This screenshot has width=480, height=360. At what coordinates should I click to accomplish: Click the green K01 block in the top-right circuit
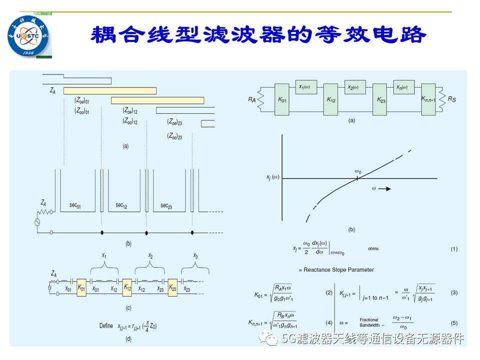[x=283, y=99]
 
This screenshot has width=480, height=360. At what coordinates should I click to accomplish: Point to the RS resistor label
[x=451, y=100]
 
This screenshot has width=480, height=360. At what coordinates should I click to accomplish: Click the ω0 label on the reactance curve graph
[x=358, y=171]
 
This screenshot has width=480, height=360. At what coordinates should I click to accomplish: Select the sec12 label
[x=121, y=205]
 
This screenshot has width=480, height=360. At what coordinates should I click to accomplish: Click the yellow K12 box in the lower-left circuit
[x=127, y=288]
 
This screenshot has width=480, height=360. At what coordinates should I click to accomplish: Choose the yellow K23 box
[x=172, y=288]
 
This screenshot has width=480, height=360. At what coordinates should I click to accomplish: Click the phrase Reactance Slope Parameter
[x=339, y=269]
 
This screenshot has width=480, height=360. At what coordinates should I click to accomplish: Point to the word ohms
[x=373, y=248]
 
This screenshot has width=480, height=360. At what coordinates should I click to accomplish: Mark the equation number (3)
[x=454, y=292]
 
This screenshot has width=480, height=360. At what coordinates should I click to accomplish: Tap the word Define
[x=106, y=326]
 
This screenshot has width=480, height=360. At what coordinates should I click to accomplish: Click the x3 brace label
[x=195, y=256]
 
